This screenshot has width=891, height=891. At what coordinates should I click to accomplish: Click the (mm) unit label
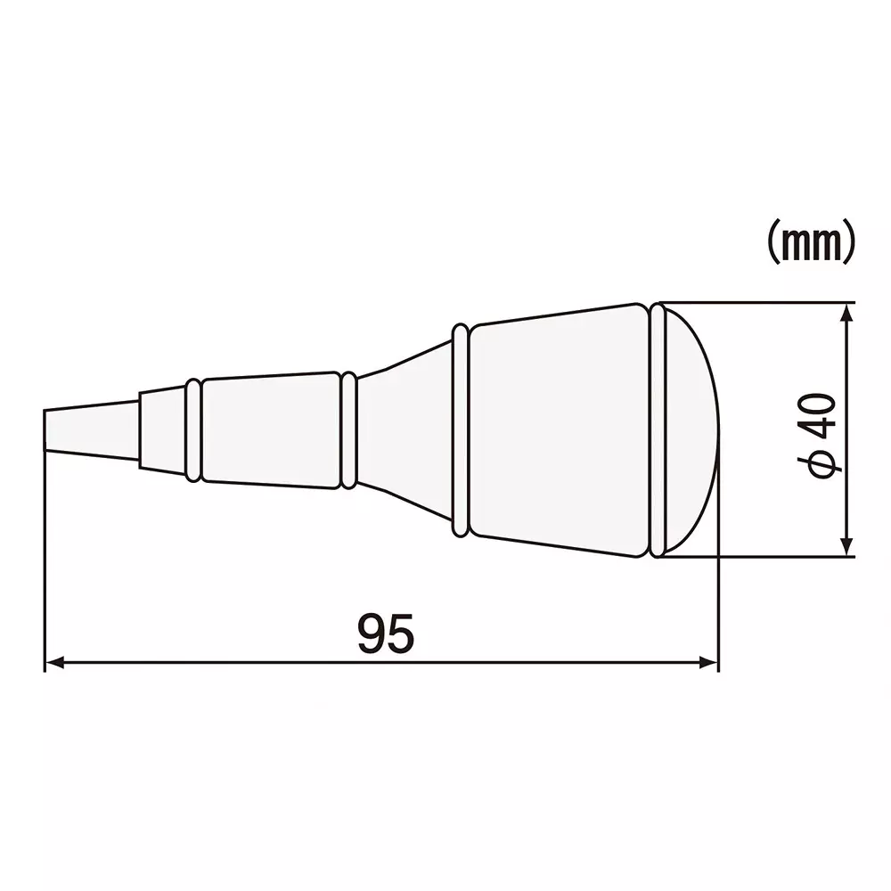click(x=811, y=242)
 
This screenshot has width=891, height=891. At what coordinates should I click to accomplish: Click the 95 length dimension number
click(x=386, y=633)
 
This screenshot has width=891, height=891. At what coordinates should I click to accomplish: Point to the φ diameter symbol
click(x=818, y=463)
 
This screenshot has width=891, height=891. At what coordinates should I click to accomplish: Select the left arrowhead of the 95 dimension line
click(x=54, y=662)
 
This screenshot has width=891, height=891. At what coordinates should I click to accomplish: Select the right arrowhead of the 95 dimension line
click(x=709, y=662)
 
